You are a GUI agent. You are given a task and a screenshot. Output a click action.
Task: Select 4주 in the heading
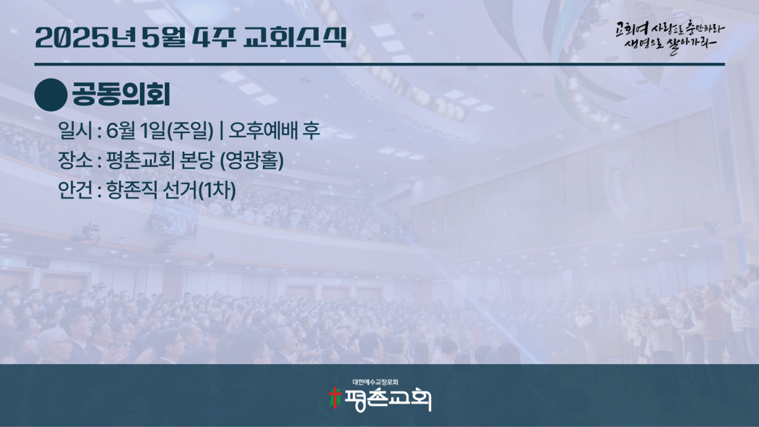pos(213,37)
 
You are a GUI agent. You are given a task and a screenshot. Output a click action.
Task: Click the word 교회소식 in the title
pos(295,37)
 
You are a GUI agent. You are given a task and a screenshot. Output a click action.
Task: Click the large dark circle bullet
pos(51,95)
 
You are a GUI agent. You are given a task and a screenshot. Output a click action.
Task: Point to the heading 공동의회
pos(121,95)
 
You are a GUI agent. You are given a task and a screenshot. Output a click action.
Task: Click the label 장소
pos(75,160)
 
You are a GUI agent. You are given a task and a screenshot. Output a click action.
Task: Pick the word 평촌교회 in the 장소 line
pos(140,160)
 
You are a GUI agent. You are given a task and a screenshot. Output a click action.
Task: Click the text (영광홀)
pos(252,161)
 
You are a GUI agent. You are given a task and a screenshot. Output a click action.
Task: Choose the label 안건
pos(75,190)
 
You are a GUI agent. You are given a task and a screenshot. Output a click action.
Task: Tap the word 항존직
pos(132,190)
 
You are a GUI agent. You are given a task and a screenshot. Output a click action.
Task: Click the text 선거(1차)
pos(199,190)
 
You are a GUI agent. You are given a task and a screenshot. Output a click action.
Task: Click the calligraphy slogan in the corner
pos(671,37)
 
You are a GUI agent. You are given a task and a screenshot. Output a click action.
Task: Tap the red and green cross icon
pos(335,398)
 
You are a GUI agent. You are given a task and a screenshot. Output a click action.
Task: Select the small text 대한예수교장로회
pos(375,382)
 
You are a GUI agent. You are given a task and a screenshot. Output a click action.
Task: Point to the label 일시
pos(75,130)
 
